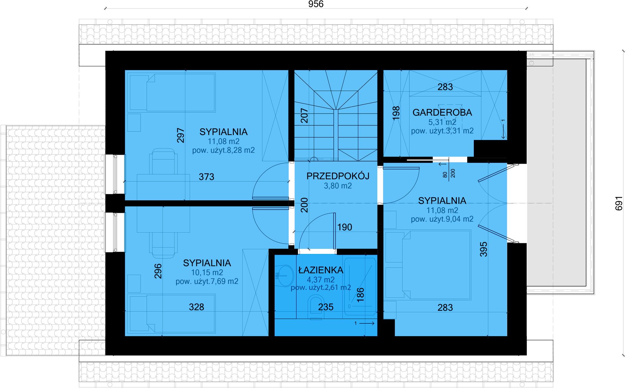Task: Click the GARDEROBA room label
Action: click(442, 112)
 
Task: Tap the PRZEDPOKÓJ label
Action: click(338, 176)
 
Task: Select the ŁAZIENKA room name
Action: click(321, 270)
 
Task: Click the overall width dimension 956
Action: click(316, 4)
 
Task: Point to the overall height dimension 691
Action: click(619, 203)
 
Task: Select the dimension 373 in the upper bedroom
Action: click(206, 177)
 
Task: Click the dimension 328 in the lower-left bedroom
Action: click(196, 307)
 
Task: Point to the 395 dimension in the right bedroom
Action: click(483, 249)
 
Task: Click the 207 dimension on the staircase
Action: click(304, 116)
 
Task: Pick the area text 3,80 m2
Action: click(338, 186)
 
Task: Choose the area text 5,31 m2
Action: click(442, 122)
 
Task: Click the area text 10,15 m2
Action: click(207, 272)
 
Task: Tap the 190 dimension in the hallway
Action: click(345, 227)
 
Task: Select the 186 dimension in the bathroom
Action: click(360, 295)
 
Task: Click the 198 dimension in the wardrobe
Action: click(396, 113)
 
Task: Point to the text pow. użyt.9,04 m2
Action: click(442, 219)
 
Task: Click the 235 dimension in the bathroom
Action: click(326, 307)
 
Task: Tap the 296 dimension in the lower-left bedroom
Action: click(158, 271)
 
